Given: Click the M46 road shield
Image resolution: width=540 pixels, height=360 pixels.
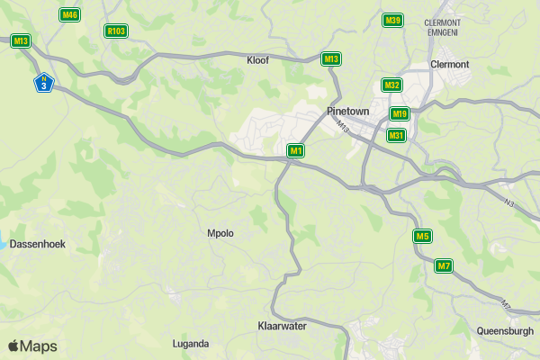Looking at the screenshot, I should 69,14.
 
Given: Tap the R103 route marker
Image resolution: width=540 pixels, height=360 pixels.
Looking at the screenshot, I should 115,31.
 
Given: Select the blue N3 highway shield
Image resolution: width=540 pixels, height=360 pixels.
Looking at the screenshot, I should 43,83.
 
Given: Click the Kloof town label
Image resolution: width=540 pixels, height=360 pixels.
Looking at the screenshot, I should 258,60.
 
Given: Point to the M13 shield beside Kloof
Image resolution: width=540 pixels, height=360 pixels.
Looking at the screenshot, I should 331,59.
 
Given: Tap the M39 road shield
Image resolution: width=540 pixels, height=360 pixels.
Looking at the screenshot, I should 392,20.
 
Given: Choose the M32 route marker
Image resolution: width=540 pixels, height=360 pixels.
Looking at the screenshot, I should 391,85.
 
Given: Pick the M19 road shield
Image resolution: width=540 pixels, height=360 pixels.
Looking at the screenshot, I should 400,113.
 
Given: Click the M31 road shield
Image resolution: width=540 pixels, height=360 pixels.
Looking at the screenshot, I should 396,135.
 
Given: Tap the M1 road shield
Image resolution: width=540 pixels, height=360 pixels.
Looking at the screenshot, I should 296,150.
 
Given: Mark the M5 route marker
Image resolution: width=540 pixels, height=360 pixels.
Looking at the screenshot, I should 422,236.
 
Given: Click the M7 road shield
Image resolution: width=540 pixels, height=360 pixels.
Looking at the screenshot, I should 444,265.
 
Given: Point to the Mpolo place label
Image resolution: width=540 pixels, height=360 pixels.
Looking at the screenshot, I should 220,233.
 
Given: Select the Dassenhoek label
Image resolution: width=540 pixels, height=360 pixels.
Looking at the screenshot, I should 38,244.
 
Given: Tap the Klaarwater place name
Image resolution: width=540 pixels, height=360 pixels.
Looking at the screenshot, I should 282,326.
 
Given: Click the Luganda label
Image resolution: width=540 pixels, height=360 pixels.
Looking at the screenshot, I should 191,343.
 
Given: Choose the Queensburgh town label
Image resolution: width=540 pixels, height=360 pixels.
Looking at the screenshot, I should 505,330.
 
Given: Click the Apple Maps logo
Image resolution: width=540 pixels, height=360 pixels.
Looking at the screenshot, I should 33,346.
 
